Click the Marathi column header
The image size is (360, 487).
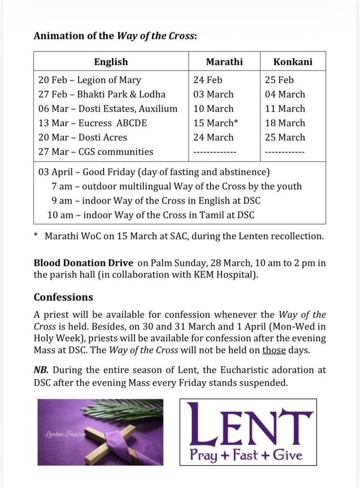click(x=224, y=62)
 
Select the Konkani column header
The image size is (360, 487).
click(x=293, y=62)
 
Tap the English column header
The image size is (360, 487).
click(x=111, y=62)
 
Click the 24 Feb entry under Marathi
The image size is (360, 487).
click(x=208, y=80)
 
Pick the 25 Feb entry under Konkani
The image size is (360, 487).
click(x=279, y=80)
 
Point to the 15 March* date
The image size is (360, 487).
click(x=216, y=123)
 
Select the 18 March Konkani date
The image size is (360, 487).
click(x=285, y=123)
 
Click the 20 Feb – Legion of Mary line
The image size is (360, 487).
click(x=90, y=80)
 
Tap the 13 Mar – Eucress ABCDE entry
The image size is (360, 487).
click(x=93, y=123)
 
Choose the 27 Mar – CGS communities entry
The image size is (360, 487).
click(x=96, y=152)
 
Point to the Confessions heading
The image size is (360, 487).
click(x=63, y=297)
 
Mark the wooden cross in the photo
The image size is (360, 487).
click(x=113, y=440)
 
